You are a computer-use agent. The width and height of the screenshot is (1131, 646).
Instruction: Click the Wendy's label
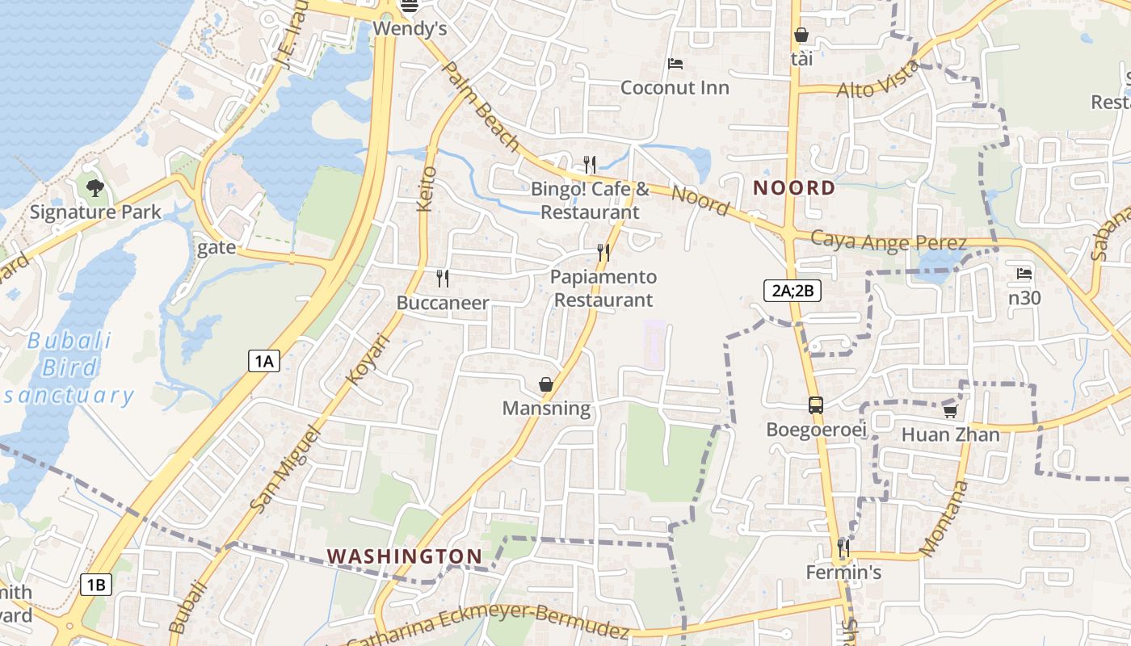point(410,29)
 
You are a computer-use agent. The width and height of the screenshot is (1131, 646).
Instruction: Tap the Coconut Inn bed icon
point(675,64)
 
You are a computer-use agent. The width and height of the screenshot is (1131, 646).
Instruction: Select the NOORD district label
point(794,188)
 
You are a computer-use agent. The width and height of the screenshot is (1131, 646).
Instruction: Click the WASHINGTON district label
point(405,556)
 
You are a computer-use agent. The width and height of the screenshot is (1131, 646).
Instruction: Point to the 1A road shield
point(263,361)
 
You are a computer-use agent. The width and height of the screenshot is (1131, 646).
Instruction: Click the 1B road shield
point(95,585)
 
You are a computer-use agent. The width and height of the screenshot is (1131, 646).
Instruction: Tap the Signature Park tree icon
point(95,189)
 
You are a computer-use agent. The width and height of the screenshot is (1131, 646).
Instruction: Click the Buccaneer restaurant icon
point(442,279)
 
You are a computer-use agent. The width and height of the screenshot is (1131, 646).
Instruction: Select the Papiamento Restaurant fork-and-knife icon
point(603,253)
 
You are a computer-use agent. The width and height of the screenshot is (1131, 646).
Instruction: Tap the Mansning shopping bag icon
point(547,384)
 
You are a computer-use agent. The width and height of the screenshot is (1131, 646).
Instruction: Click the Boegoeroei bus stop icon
point(816,405)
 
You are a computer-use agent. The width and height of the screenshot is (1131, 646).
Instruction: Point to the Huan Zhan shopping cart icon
point(950,411)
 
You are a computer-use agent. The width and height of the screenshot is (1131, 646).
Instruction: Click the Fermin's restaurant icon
point(843,548)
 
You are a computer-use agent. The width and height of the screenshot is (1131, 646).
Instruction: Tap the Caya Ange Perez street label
point(888,241)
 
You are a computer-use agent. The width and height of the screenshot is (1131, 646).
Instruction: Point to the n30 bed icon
point(1024,274)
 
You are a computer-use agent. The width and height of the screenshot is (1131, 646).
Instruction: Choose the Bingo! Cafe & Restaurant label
point(590,200)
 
